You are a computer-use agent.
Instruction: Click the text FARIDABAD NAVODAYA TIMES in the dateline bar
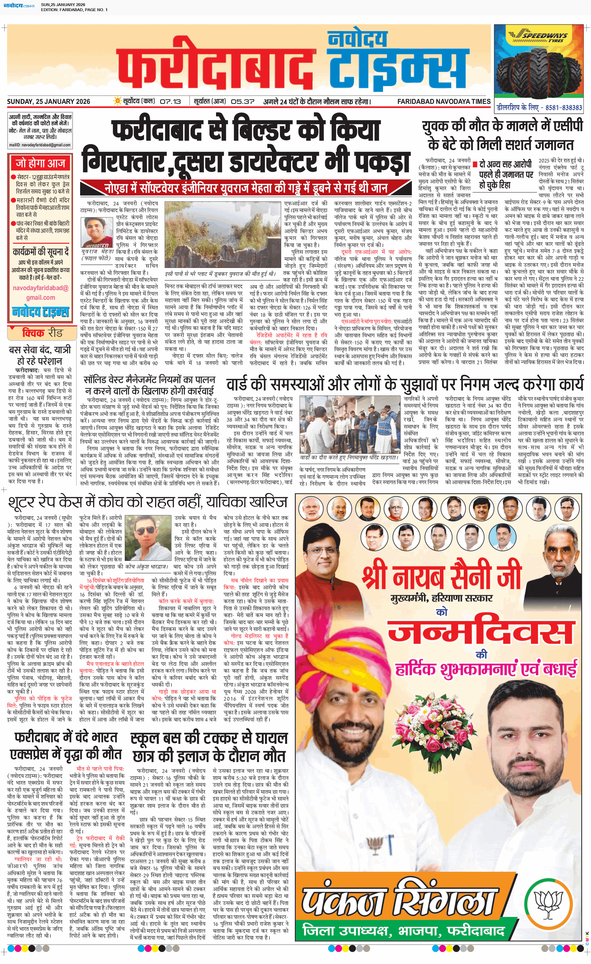pyautogui.click(x=443, y=101)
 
